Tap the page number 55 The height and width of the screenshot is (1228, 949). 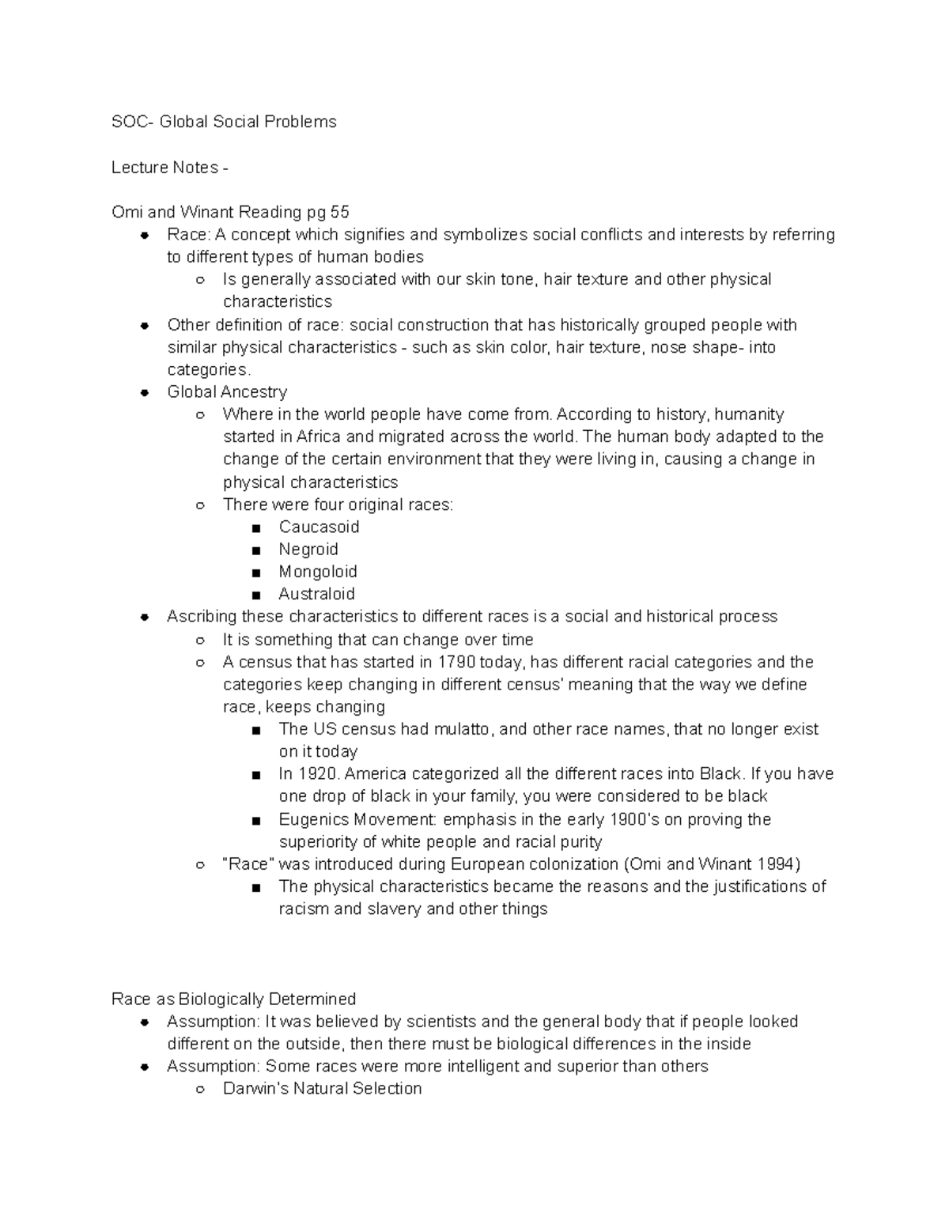(x=339, y=212)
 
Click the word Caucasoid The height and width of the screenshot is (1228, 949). (x=319, y=527)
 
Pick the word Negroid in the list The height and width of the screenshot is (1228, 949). (x=308, y=549)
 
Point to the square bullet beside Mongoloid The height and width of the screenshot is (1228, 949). (x=256, y=572)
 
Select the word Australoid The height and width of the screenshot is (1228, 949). (x=316, y=594)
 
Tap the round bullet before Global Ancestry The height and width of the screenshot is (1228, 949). (x=145, y=392)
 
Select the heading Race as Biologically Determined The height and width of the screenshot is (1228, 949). (x=233, y=999)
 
